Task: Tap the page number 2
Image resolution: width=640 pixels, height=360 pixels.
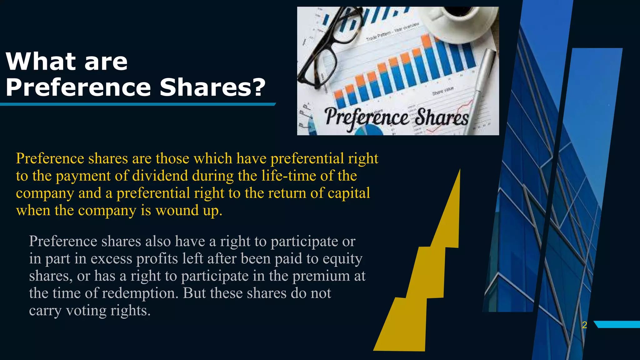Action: [x=585, y=325]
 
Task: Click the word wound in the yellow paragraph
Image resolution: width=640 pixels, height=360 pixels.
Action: [x=177, y=210]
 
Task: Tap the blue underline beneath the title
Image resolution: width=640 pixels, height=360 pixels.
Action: [x=137, y=104]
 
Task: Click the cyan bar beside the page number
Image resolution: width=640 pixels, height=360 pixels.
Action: [x=617, y=324]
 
